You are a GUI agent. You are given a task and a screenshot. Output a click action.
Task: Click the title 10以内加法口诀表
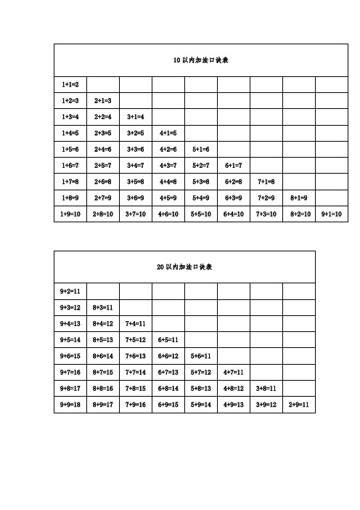pos(201,60)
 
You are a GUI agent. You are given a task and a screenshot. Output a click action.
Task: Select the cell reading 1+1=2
pos(70,86)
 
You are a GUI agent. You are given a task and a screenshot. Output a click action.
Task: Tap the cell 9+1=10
pos(331,214)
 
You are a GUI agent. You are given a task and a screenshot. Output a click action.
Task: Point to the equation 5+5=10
pos(200,214)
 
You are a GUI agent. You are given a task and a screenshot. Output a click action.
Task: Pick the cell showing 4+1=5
pos(168,134)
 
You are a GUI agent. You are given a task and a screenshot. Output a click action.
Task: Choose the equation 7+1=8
pos(266,182)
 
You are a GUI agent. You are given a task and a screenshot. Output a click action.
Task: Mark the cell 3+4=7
pos(136,166)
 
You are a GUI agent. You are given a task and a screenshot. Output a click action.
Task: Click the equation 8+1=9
pos(299,198)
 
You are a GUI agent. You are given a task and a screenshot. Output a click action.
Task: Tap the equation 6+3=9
pos(234,198)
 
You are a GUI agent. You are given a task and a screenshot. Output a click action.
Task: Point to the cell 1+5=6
pos(70,150)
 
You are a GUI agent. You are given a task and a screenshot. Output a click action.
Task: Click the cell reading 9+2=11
pos(70,292)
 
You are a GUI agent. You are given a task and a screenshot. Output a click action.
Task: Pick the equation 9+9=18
pos(70,404)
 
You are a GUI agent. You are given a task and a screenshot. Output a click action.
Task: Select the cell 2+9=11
pos(298,404)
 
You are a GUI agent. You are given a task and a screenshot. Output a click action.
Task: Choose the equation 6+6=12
pos(168,356)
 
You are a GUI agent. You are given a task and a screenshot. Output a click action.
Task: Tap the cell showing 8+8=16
pos(103,388)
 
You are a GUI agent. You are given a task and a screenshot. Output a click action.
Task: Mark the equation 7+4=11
pos(136,324)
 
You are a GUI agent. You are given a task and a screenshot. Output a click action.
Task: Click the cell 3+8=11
pos(266,388)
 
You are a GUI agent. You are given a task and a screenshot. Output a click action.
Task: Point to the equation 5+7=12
pos(200,372)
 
